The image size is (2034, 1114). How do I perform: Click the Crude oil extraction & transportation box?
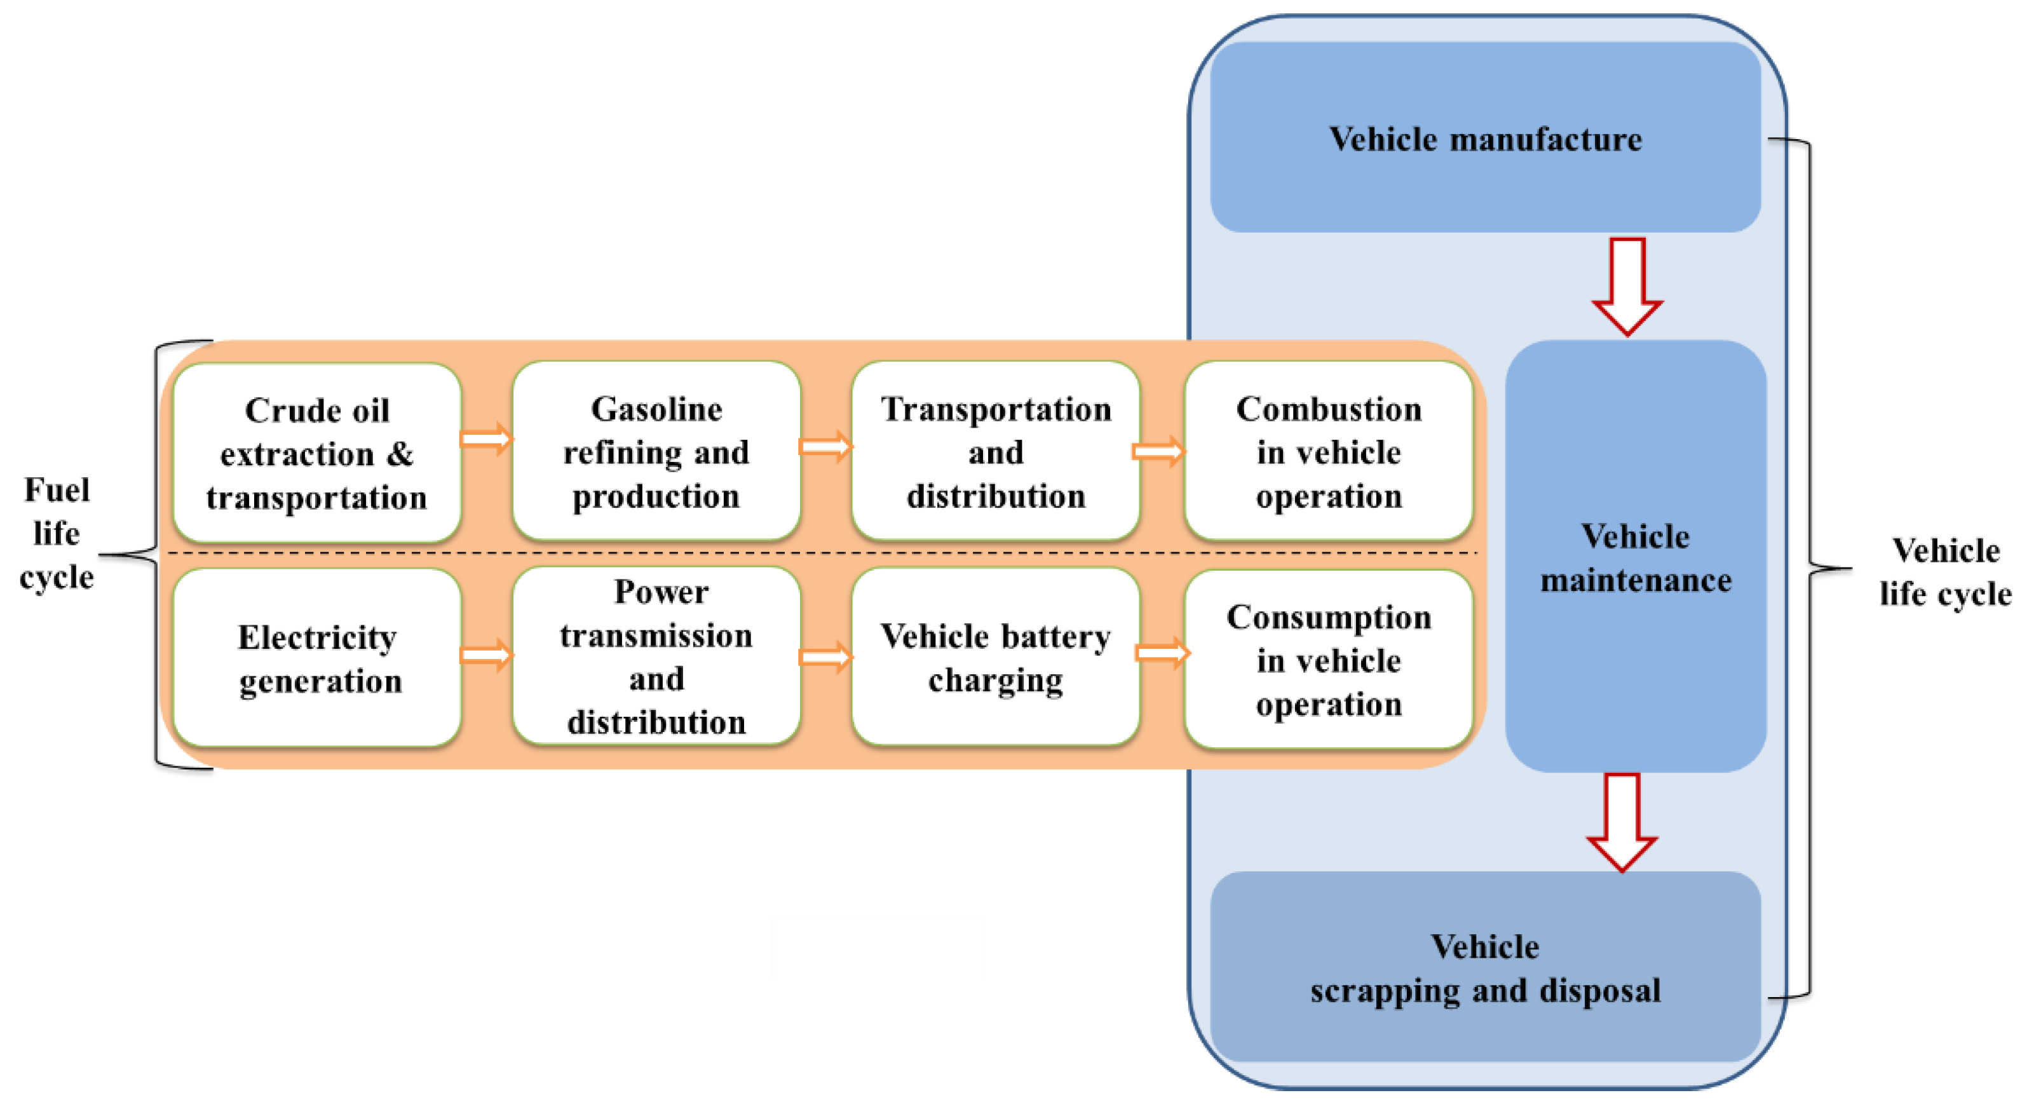(316, 453)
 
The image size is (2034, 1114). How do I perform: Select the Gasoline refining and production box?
(656, 452)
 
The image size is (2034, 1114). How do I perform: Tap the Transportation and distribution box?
(996, 452)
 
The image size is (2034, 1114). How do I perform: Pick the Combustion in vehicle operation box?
(1328, 452)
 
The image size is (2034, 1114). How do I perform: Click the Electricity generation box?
(316, 658)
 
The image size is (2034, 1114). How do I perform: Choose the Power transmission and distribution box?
(656, 657)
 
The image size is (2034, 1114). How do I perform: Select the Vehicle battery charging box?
(996, 657)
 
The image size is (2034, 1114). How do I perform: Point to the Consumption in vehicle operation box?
(1328, 660)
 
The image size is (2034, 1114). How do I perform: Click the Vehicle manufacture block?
(1484, 138)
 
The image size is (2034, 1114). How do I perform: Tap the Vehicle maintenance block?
(1635, 557)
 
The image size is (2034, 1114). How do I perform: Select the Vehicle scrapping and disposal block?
(1484, 968)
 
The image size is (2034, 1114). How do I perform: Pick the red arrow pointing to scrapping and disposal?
(1622, 822)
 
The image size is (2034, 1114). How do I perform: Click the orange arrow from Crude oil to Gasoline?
(486, 439)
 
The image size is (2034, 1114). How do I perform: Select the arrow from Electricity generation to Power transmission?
(486, 655)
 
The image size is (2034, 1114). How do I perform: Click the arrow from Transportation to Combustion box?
(1158, 452)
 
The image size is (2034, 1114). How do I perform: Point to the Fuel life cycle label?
(56, 534)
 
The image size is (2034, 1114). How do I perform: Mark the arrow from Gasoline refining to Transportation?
(825, 447)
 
